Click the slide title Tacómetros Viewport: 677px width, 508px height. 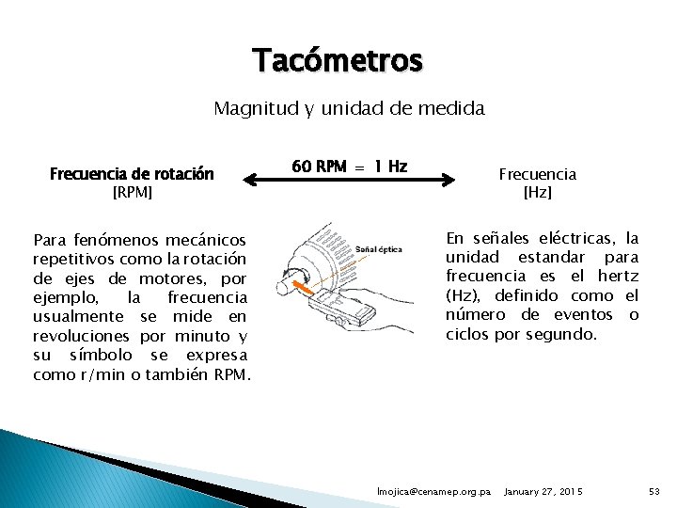(338, 61)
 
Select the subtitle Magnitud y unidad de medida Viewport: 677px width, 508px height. (349, 108)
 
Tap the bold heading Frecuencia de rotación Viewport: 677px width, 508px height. (132, 174)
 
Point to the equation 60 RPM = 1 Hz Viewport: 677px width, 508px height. (349, 167)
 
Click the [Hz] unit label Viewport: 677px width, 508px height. (537, 193)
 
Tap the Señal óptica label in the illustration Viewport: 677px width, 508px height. (380, 249)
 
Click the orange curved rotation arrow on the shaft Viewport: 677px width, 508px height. (300, 279)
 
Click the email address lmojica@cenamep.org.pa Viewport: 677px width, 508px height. (433, 492)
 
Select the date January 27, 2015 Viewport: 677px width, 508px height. (543, 492)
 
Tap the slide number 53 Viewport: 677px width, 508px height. (654, 492)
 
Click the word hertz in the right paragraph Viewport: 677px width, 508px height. (619, 276)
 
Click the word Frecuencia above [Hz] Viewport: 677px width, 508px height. (537, 174)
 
